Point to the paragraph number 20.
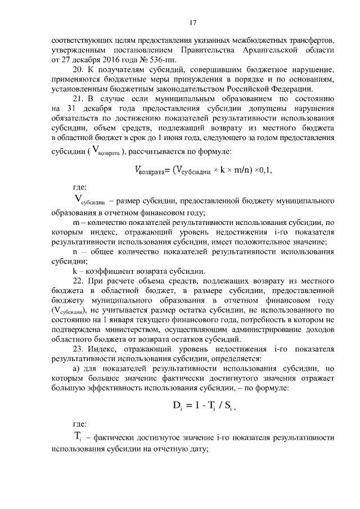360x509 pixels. (79, 70)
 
